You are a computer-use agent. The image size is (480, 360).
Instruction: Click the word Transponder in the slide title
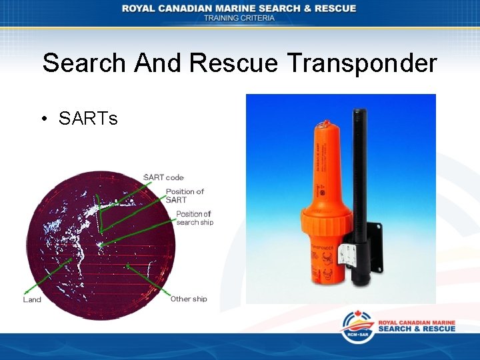362,63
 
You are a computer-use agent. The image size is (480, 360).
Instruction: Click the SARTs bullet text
87,119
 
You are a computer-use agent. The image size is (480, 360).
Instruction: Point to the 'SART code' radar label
163,177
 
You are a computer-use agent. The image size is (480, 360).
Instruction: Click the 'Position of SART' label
185,195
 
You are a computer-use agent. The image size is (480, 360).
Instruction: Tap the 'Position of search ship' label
194,218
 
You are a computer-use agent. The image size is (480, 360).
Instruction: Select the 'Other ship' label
189,299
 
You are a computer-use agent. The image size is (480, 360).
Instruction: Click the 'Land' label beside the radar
32,299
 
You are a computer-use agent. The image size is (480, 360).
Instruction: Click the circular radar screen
100,243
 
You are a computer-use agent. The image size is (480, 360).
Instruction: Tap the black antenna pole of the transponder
361,167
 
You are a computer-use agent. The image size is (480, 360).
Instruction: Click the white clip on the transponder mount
346,253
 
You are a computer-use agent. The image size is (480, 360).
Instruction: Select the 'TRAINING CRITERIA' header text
239,18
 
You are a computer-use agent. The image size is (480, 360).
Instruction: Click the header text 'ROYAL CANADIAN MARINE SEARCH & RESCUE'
239,8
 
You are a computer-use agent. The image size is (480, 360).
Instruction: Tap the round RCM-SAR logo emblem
357,327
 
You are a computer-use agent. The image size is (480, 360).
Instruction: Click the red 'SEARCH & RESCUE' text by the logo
417,329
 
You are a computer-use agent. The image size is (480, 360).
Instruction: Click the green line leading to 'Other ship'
150,281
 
